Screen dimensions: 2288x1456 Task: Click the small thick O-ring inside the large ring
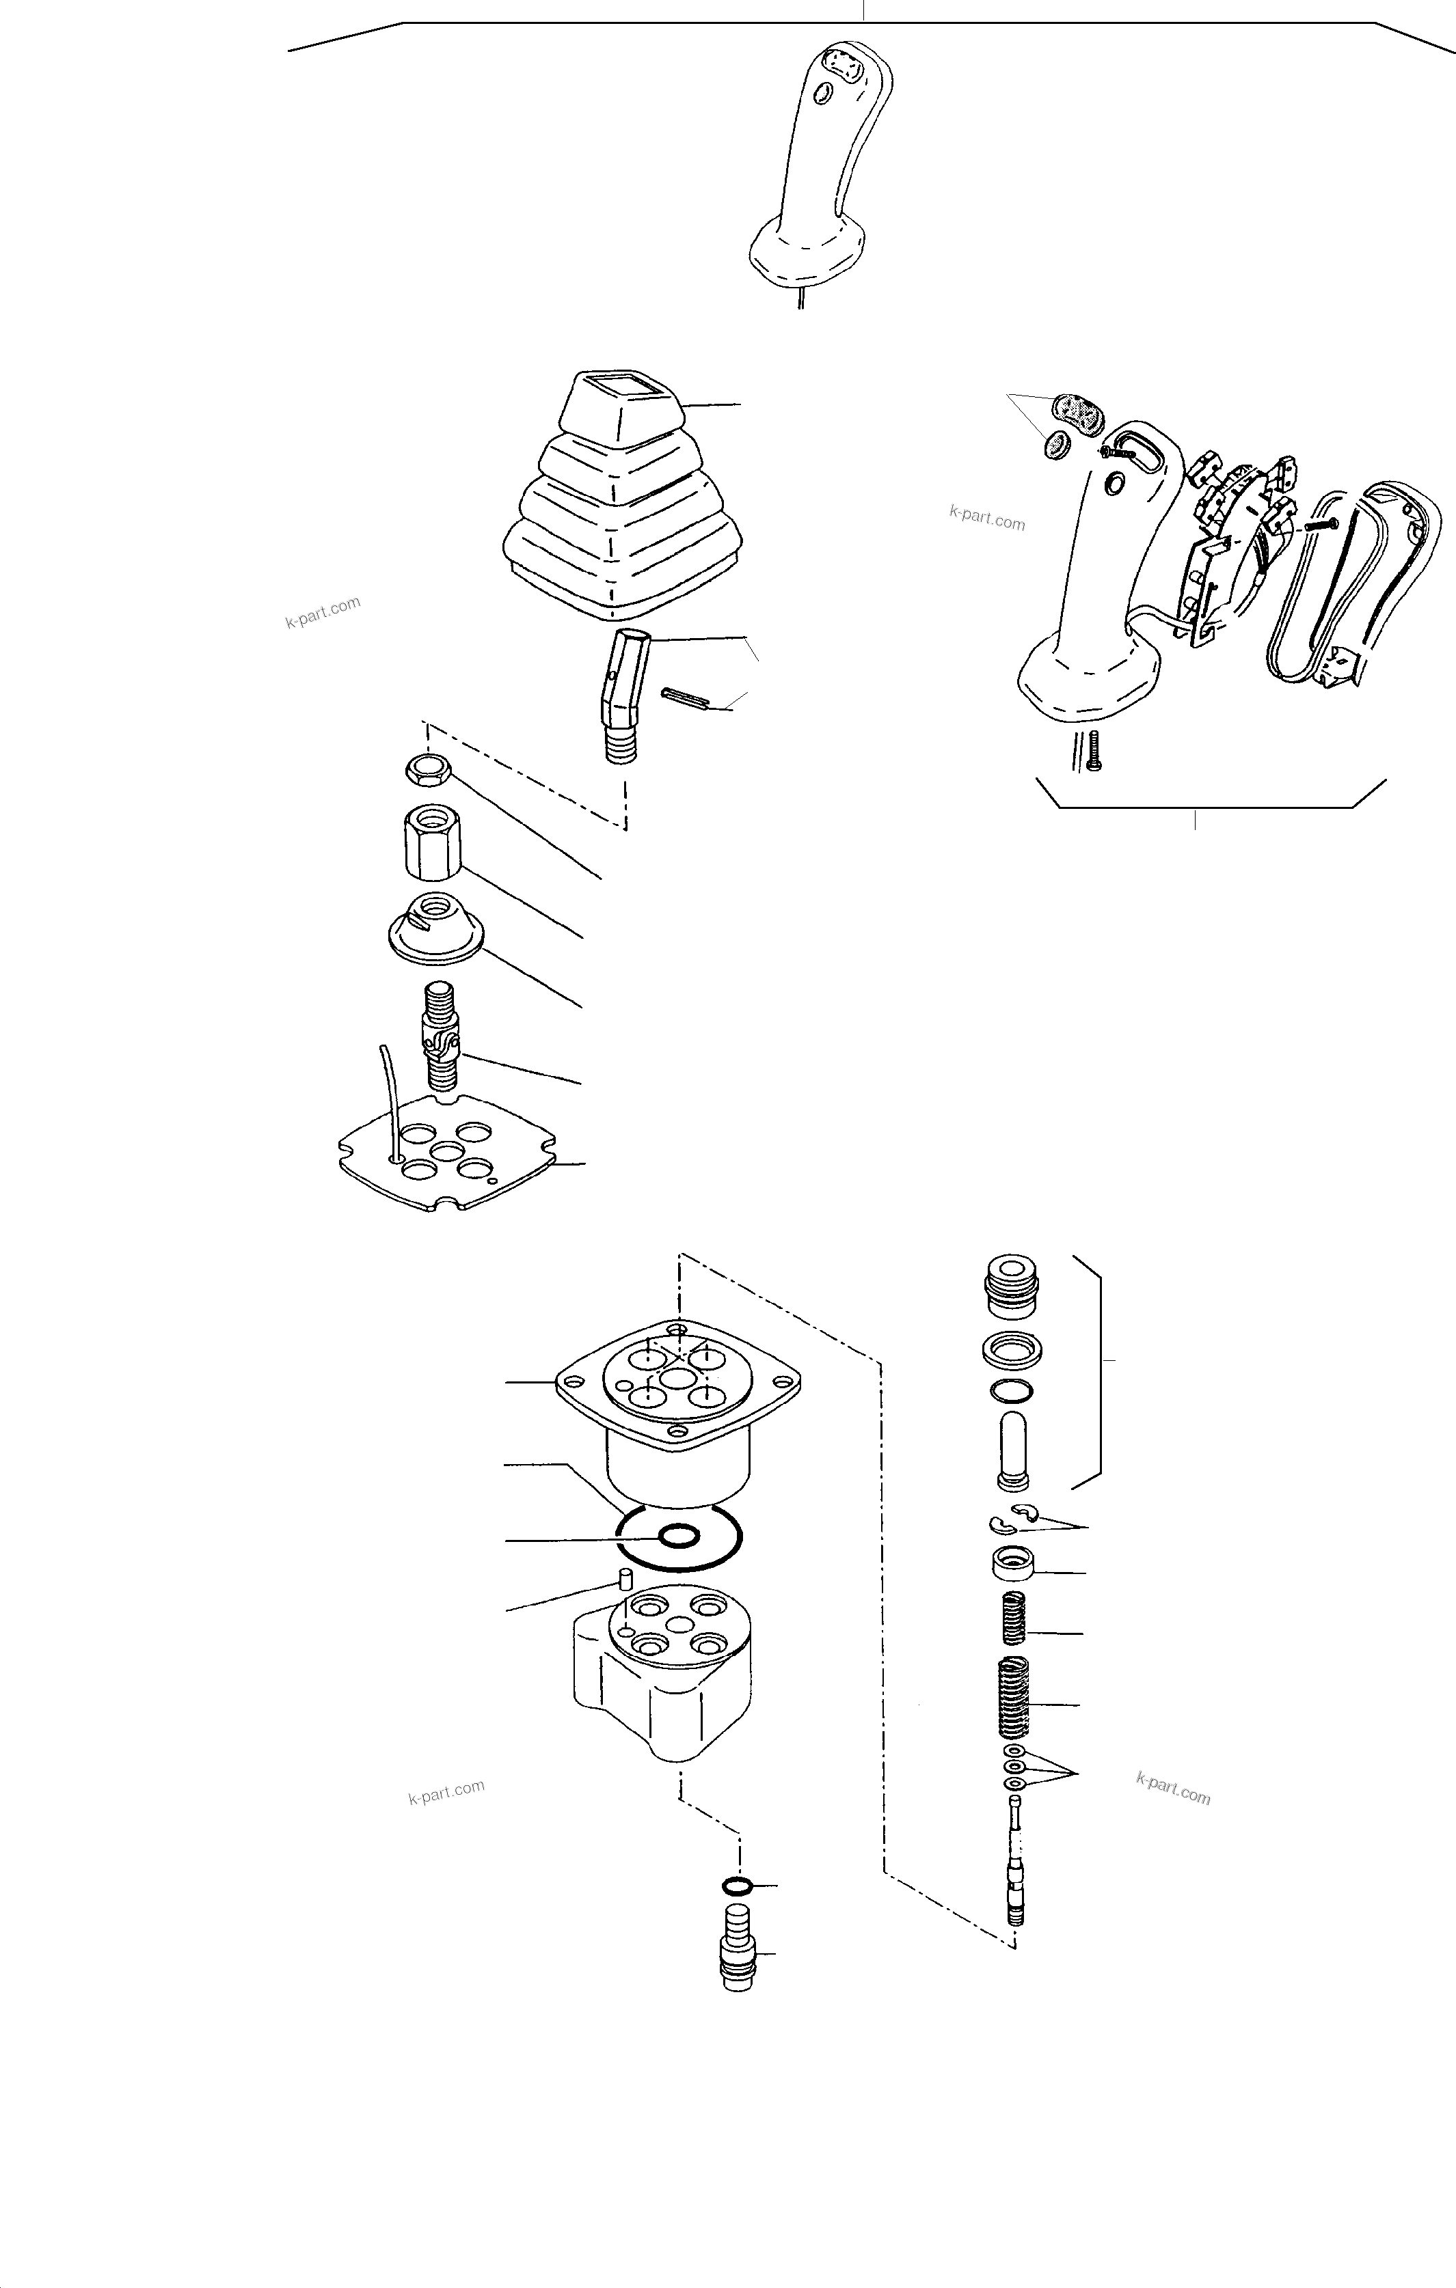(679, 1536)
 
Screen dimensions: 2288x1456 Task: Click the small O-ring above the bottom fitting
(738, 1885)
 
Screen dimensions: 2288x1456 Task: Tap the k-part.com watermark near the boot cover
(323, 613)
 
